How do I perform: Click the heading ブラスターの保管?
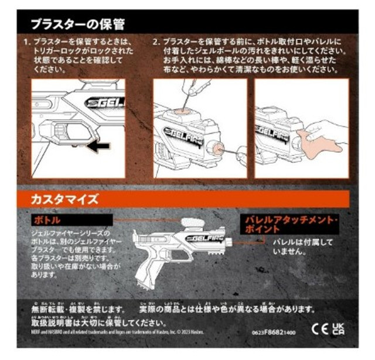[77, 25]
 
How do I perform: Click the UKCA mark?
[338, 327]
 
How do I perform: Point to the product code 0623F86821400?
[274, 331]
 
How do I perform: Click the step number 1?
[27, 43]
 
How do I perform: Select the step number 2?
[156, 43]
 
